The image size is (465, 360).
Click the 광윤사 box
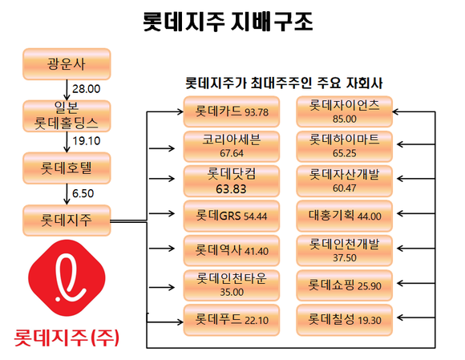tap(67, 64)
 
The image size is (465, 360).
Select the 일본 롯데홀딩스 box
tap(67, 116)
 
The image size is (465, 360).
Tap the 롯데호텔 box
tap(67, 168)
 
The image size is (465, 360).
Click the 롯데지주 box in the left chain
tap(67, 220)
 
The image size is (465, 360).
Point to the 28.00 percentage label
tap(87, 89)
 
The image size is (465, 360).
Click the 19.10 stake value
tap(87, 141)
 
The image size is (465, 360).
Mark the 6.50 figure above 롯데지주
tap(83, 193)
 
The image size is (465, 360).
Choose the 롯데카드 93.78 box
tap(232, 111)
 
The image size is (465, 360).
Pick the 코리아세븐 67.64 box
tap(232, 147)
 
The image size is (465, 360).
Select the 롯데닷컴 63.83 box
tap(232, 181)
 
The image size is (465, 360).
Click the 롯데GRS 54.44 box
tap(232, 216)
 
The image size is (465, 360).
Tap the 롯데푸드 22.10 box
tap(232, 320)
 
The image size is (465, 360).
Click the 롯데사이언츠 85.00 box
tap(344, 111)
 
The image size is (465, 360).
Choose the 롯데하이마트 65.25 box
tap(344, 147)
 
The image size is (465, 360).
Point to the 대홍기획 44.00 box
tap(344, 216)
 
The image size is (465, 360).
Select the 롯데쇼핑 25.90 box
tap(344, 285)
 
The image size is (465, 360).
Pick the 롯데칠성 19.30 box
tap(344, 320)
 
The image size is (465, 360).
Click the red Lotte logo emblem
tap(67, 278)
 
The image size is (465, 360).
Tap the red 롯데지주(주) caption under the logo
tap(67, 338)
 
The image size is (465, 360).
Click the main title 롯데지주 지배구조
tap(228, 22)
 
